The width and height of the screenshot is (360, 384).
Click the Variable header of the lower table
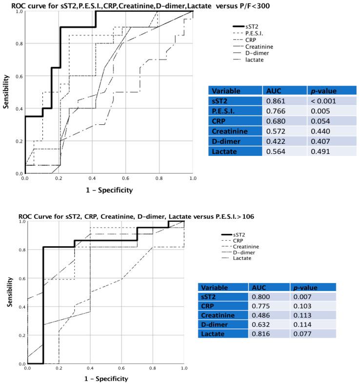[x=215, y=288]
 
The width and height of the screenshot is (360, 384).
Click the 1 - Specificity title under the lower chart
[x=106, y=378]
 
